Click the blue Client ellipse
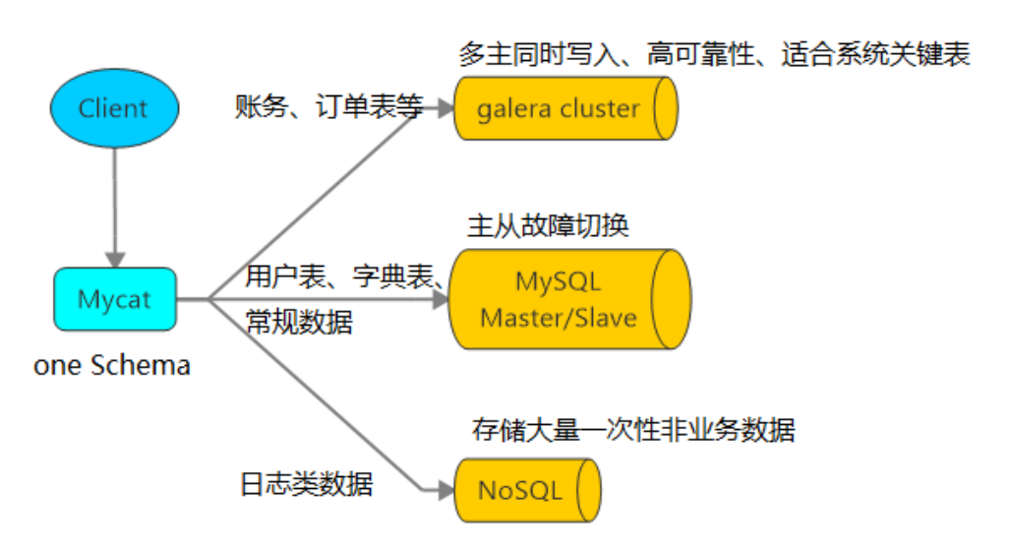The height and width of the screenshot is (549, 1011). point(114,108)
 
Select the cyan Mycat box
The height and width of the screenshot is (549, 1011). point(114,299)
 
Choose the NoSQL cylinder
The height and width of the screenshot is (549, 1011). point(526,489)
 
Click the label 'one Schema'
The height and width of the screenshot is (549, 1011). point(112,366)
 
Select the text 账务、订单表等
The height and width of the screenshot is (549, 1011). point(328,106)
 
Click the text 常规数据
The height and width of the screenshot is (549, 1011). point(298,322)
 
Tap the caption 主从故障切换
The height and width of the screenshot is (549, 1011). point(548,227)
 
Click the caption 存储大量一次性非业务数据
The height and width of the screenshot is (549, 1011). point(632,430)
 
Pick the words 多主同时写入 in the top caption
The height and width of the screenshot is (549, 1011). point(541,54)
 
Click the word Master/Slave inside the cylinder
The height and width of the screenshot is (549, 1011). point(559,318)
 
